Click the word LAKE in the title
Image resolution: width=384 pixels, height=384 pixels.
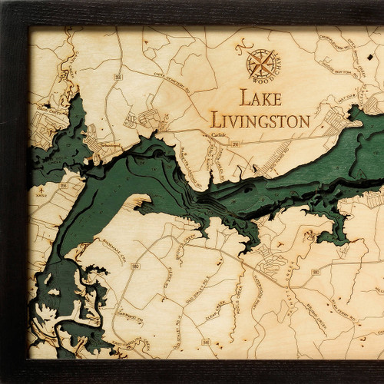pyautogui.click(x=260, y=98)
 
